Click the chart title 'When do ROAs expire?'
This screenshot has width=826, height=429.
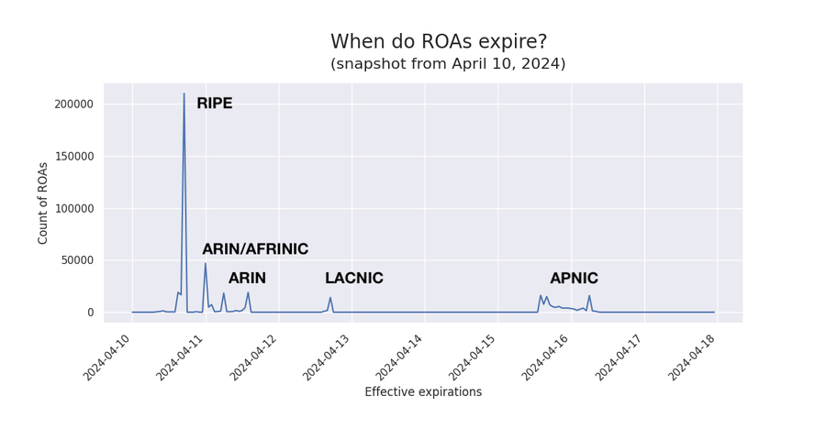[x=439, y=41]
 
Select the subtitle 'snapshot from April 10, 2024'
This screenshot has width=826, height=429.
[x=448, y=63]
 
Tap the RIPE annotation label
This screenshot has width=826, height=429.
[x=215, y=104]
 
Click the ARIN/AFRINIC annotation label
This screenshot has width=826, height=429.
[x=255, y=249]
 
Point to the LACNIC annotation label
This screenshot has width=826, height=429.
[x=354, y=278]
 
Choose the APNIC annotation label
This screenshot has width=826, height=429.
[x=575, y=278]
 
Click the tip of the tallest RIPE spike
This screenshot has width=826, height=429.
[x=184, y=93]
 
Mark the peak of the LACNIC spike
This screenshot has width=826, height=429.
[x=330, y=297]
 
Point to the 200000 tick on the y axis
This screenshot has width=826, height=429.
[x=73, y=104]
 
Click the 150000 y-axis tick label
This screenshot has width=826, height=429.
[x=73, y=157]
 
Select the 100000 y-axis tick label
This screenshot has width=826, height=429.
[x=73, y=208]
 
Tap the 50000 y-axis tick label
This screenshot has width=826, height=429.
[x=77, y=260]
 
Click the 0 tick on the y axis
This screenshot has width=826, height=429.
[x=91, y=313]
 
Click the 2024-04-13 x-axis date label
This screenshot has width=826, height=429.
[x=326, y=357]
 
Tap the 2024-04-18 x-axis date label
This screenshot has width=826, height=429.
[x=691, y=357]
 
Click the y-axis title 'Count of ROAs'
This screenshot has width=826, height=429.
[x=42, y=203]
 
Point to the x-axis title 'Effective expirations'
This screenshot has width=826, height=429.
[x=423, y=392]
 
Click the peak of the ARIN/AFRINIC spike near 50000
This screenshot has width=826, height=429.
[x=206, y=263]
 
